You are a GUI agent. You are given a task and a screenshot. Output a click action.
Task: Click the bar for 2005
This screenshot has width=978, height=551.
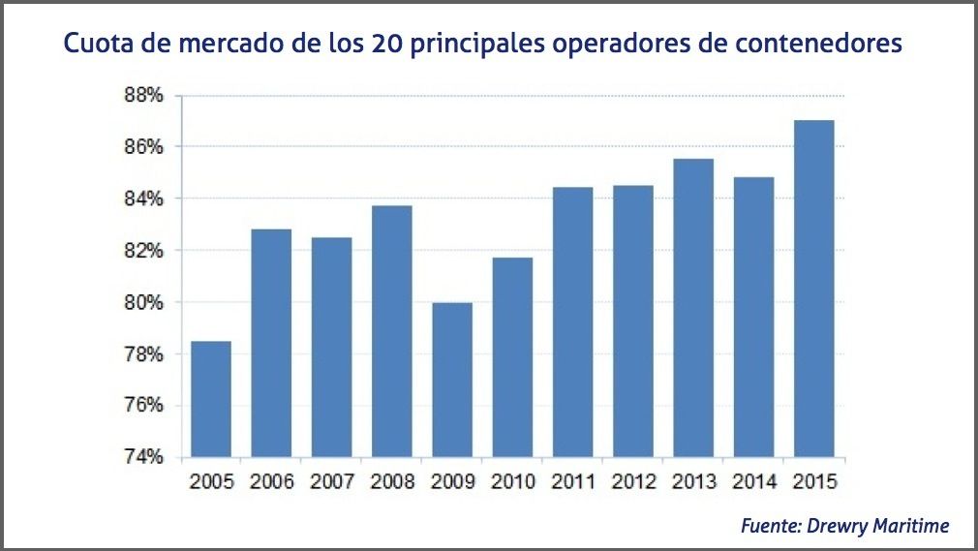click(x=211, y=399)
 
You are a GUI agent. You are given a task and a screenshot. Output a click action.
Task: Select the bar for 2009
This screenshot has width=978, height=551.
click(x=452, y=380)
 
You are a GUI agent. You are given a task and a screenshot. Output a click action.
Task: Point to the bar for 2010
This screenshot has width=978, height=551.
click(x=512, y=357)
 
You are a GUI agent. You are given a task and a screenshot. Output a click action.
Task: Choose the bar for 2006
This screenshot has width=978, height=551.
click(x=271, y=343)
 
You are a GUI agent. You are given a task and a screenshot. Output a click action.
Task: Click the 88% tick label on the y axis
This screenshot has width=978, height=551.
click(x=142, y=95)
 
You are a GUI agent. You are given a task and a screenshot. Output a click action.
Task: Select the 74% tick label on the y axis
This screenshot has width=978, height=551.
click(x=142, y=457)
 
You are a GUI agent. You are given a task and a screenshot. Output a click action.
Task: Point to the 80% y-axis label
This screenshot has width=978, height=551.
click(x=142, y=302)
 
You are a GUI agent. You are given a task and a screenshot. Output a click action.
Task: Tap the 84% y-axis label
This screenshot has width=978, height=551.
click(x=142, y=199)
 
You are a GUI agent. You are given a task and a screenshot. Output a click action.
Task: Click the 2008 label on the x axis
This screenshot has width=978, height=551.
click(x=392, y=481)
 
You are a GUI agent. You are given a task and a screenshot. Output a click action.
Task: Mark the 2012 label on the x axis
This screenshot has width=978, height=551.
click(x=633, y=481)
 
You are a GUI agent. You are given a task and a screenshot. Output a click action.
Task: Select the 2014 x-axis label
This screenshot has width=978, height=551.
click(x=754, y=481)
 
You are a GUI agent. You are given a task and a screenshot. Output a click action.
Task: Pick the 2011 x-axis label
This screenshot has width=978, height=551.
click(x=573, y=481)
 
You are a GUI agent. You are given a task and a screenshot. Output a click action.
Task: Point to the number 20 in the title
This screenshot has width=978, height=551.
click(x=385, y=45)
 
